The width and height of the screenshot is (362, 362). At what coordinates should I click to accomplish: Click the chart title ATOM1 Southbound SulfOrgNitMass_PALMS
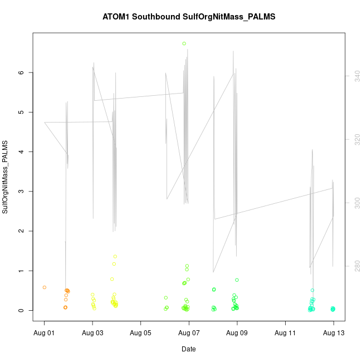[x=189, y=17]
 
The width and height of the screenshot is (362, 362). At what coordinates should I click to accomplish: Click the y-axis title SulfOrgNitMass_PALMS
[x=6, y=177]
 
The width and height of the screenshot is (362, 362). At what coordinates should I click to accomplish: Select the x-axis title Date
[x=188, y=349]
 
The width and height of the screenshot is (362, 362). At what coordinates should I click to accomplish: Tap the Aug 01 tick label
[x=45, y=332]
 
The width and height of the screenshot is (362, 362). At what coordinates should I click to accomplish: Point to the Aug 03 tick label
[x=92, y=332]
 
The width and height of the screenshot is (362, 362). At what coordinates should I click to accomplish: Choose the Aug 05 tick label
[x=141, y=332]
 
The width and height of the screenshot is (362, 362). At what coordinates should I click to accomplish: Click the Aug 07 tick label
[x=189, y=332]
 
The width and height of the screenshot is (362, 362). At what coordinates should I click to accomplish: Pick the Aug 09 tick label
[x=237, y=332]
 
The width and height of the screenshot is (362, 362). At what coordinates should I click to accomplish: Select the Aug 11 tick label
[x=285, y=332]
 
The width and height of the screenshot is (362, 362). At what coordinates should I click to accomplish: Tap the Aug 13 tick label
[x=334, y=332]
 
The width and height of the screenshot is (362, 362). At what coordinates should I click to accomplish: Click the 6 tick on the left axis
[x=21, y=72]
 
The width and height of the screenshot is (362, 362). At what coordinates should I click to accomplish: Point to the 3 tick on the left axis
[x=21, y=192]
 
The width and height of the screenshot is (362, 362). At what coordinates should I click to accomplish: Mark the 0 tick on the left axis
[x=21, y=310]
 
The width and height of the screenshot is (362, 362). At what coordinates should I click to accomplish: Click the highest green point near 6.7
[x=184, y=43]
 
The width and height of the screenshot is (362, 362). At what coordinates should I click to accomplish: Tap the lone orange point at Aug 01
[x=45, y=287]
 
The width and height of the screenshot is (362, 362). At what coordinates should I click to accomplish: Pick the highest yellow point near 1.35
[x=115, y=256]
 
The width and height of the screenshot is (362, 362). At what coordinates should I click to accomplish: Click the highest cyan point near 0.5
[x=312, y=290]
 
